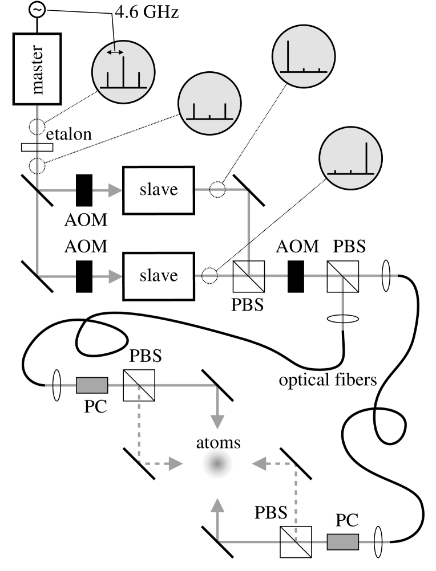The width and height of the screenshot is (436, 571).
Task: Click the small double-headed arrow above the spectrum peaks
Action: pyautogui.click(x=115, y=52)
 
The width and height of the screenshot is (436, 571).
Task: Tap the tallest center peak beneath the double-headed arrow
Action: pyautogui.click(x=123, y=72)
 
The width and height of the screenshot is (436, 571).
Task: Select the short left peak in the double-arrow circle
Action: pyautogui.click(x=108, y=80)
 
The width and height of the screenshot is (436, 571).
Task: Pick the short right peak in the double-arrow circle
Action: pyautogui.click(x=139, y=80)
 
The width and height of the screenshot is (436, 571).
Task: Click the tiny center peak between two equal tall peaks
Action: pyautogui.click(x=209, y=116)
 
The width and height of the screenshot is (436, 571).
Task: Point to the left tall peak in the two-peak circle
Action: pyautogui.click(x=194, y=111)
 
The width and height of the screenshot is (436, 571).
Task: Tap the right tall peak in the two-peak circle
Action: pyautogui.click(x=225, y=111)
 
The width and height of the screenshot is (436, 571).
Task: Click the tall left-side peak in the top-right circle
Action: pyautogui.click(x=288, y=56)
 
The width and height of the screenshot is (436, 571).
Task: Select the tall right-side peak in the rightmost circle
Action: pyautogui.click(x=366, y=158)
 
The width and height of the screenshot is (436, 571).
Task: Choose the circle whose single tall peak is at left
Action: pyautogui.click(x=304, y=56)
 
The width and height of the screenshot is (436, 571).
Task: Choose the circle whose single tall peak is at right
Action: pyautogui.click(x=350, y=158)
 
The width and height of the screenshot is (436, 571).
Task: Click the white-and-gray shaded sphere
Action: pyautogui.click(x=217, y=464)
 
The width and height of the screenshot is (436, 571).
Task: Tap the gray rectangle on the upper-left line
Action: pyautogui.click(x=92, y=385)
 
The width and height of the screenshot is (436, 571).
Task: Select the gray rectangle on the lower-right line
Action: pyautogui.click(x=343, y=541)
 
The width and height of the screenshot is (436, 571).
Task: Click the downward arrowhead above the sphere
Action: pyautogui.click(x=217, y=422)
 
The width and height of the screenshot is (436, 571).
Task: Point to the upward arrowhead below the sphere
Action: pyautogui.click(x=217, y=505)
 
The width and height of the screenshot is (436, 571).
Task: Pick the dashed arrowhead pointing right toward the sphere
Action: pyautogui.click(x=176, y=464)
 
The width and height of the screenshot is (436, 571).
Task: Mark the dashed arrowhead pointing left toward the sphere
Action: pyautogui.click(x=259, y=464)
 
